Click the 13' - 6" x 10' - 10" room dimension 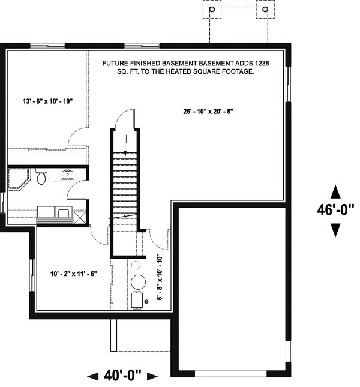pyautogui.click(x=47, y=101)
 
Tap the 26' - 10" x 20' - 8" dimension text pyautogui.click(x=208, y=112)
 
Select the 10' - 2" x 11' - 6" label pyautogui.click(x=74, y=274)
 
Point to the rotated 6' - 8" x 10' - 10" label pyautogui.click(x=160, y=278)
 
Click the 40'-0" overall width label pyautogui.click(x=122, y=376)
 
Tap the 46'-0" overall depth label pyautogui.click(x=335, y=210)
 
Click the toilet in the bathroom pyautogui.click(x=41, y=176)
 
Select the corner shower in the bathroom pyautogui.click(x=19, y=179)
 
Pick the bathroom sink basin pyautogui.click(x=67, y=174)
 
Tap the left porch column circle pyautogui.click(x=212, y=10)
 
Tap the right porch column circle pyautogui.click(x=265, y=10)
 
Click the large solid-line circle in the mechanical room pyautogui.click(x=138, y=282)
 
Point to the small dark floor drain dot pyautogui.click(x=146, y=301)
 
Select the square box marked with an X pyautogui.click(x=79, y=218)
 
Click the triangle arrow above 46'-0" pyautogui.click(x=335, y=192)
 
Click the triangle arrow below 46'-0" pyautogui.click(x=335, y=230)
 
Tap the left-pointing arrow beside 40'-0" pyautogui.click(x=93, y=376)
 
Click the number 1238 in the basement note pyautogui.click(x=262, y=64)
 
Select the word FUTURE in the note pyautogui.click(x=113, y=64)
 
